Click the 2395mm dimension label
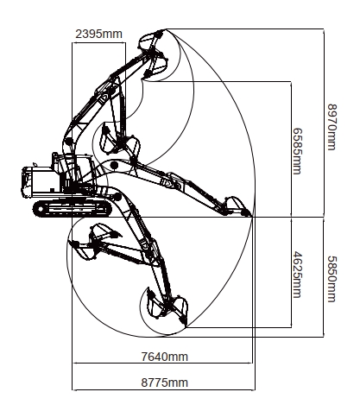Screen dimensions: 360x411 tap(98, 34)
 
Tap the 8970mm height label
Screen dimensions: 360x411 tap(332, 127)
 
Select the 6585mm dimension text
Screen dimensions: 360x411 tap(297, 151)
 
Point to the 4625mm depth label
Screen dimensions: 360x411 tap(297, 275)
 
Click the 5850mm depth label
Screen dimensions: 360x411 tap(332, 279)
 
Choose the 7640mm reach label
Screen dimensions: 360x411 tap(164, 357)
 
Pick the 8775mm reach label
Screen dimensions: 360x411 tap(164, 383)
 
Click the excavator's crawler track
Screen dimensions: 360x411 tap(72, 208)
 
